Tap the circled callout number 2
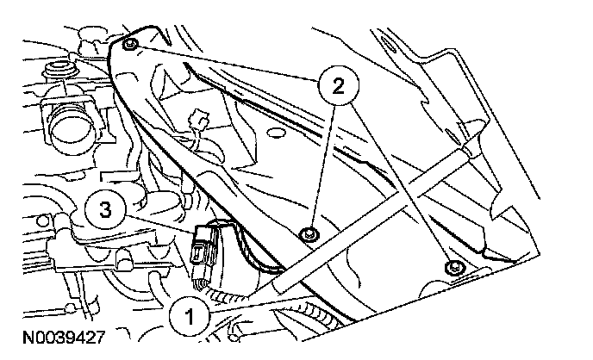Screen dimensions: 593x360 (335, 85)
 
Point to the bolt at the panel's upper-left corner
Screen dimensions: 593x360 (129, 45)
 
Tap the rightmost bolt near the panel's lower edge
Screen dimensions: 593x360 (453, 268)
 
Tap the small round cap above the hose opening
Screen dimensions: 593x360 (61, 68)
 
